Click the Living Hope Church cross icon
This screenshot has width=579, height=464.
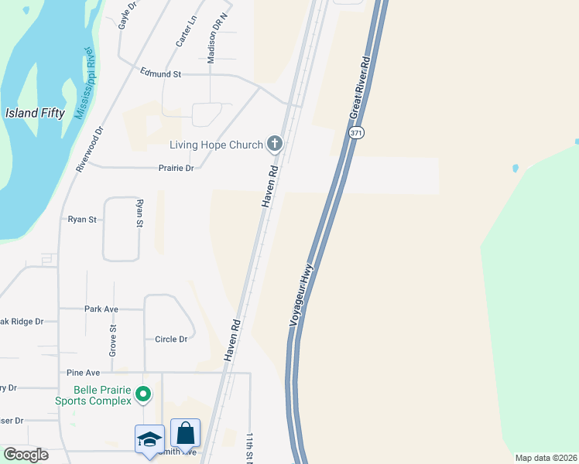(x=274, y=144)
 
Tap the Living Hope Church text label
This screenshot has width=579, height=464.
(x=216, y=145)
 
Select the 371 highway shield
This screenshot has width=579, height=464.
(x=355, y=133)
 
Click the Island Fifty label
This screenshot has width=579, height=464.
(x=35, y=113)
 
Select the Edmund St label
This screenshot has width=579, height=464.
(x=160, y=73)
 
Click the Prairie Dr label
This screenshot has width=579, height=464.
(x=175, y=167)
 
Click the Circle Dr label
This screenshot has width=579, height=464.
(x=171, y=339)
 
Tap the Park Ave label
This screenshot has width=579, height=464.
(x=101, y=309)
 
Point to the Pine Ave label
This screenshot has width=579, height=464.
(x=84, y=372)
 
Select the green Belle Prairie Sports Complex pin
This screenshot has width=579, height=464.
(x=142, y=395)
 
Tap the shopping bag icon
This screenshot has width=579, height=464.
(x=186, y=432)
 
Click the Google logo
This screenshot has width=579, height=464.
(x=26, y=455)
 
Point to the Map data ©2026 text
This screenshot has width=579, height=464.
(x=545, y=458)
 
